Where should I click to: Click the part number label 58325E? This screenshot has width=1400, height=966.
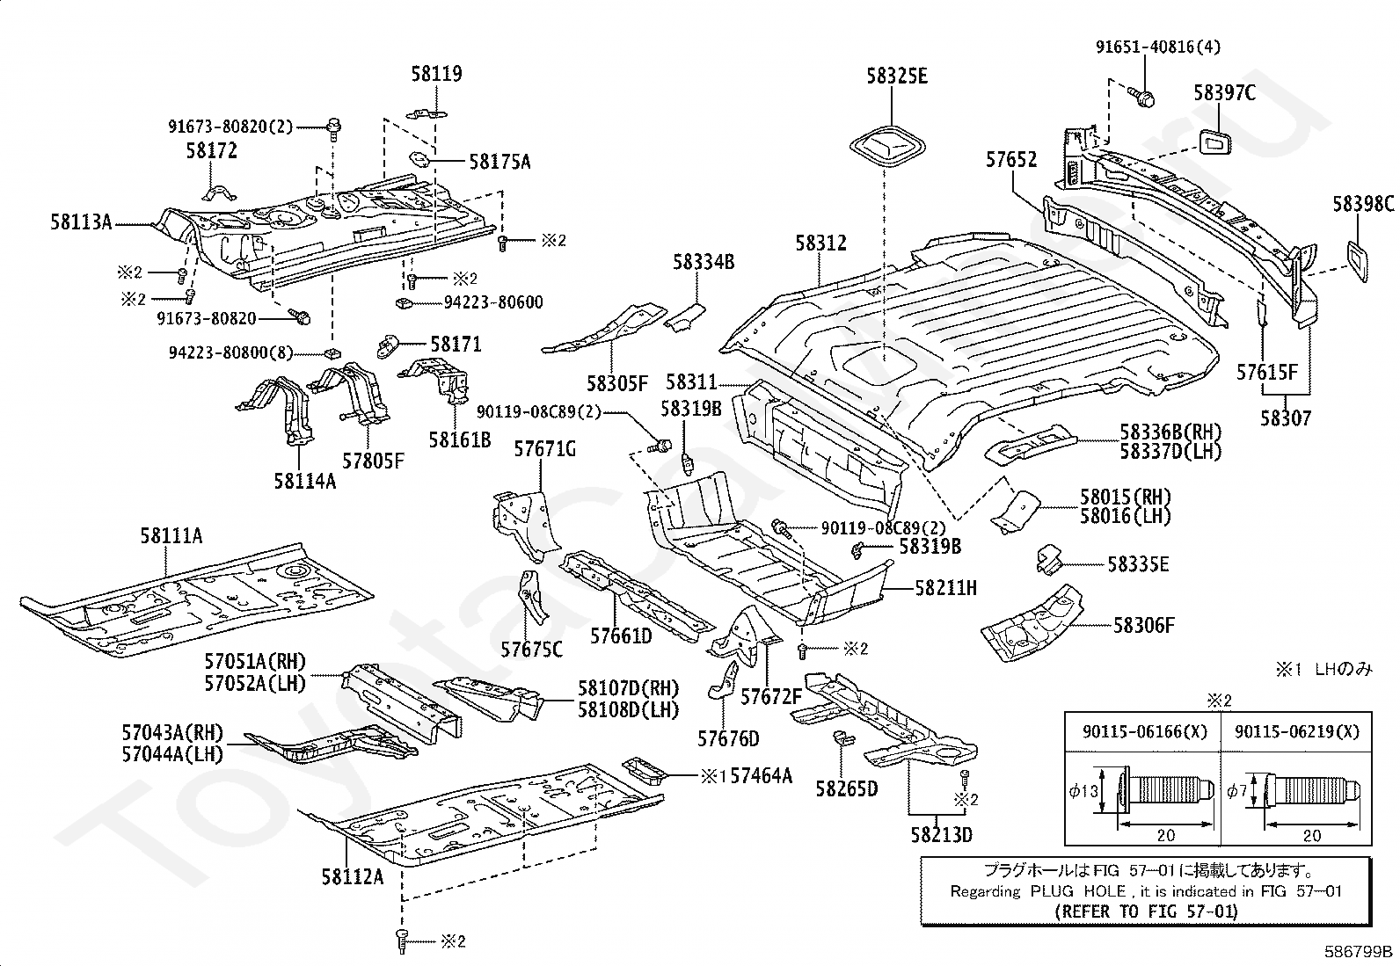click(x=897, y=76)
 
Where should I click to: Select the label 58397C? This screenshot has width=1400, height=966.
click(x=1224, y=93)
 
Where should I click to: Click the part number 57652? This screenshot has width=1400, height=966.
click(x=1011, y=160)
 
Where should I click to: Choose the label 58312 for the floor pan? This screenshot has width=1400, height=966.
click(x=820, y=243)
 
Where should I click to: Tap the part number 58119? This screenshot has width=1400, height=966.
click(x=436, y=75)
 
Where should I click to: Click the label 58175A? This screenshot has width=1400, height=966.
click(x=500, y=163)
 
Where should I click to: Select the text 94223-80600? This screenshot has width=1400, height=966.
click(x=493, y=302)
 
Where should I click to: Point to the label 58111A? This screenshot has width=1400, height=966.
click(x=171, y=536)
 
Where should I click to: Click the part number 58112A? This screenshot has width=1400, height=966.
click(x=353, y=877)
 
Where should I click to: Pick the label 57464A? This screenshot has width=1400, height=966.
click(x=762, y=776)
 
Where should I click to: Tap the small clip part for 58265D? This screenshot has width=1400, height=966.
click(x=843, y=739)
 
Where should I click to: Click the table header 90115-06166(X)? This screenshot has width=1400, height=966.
click(x=1145, y=731)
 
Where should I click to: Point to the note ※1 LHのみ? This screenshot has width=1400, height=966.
click(x=1323, y=670)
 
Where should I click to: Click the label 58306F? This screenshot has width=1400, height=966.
click(x=1144, y=626)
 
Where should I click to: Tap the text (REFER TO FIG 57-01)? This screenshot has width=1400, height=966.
click(x=1146, y=912)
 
